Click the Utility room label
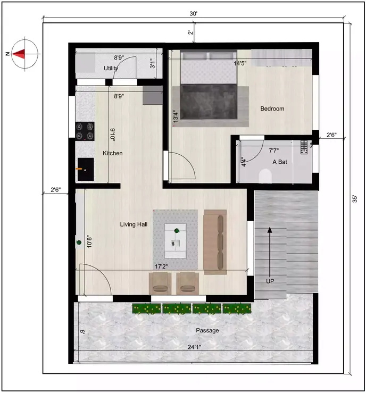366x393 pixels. click(x=111, y=68)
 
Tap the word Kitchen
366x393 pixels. click(x=113, y=153)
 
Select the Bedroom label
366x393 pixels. click(x=272, y=108)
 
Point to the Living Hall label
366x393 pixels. click(x=134, y=224)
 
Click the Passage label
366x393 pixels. click(x=207, y=330)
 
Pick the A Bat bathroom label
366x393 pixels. click(x=280, y=162)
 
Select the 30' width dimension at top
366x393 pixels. click(x=193, y=14)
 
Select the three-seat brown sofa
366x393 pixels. click(x=215, y=241)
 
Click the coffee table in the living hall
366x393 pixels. click(x=176, y=237)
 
